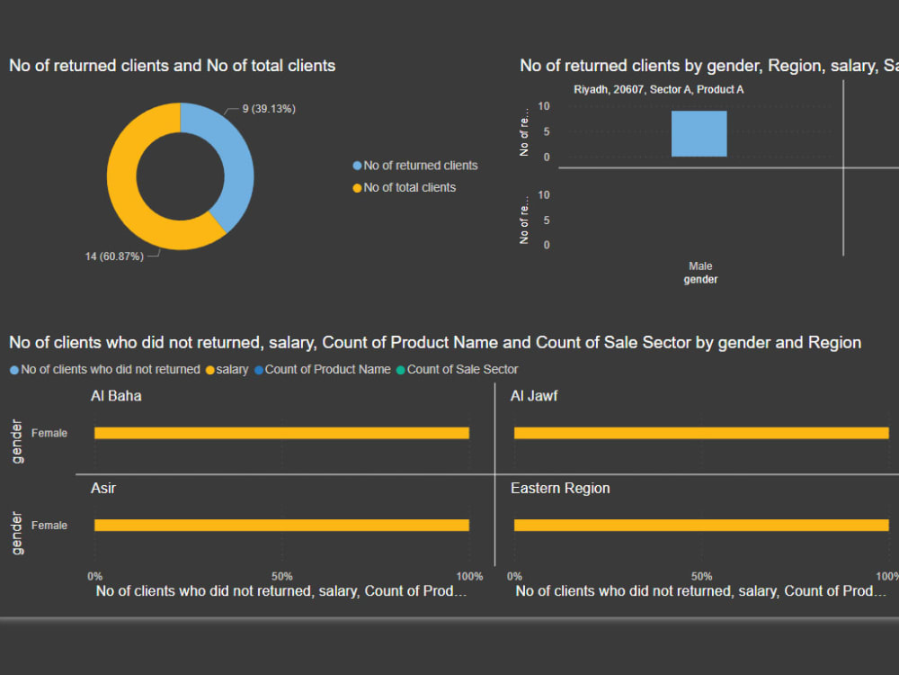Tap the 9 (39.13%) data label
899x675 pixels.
tap(269, 109)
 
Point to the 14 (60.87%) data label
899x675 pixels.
tap(114, 256)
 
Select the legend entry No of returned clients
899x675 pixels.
tap(420, 166)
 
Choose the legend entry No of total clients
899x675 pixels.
tap(409, 187)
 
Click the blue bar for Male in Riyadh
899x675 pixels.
tap(699, 134)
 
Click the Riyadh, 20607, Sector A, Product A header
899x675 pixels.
tap(658, 90)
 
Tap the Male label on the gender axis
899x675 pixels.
tap(700, 266)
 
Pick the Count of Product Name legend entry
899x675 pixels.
tap(327, 369)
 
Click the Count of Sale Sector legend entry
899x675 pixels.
tap(462, 369)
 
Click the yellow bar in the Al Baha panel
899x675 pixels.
tap(281, 433)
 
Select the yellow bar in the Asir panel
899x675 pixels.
tap(281, 526)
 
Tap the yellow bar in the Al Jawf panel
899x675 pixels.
tap(701, 433)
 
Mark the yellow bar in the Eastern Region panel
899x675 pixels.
tap(701, 526)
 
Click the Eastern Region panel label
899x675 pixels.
tap(560, 488)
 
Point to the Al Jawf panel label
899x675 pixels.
tap(534, 395)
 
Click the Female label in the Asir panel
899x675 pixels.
tap(49, 526)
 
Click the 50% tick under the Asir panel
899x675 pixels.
tap(281, 576)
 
